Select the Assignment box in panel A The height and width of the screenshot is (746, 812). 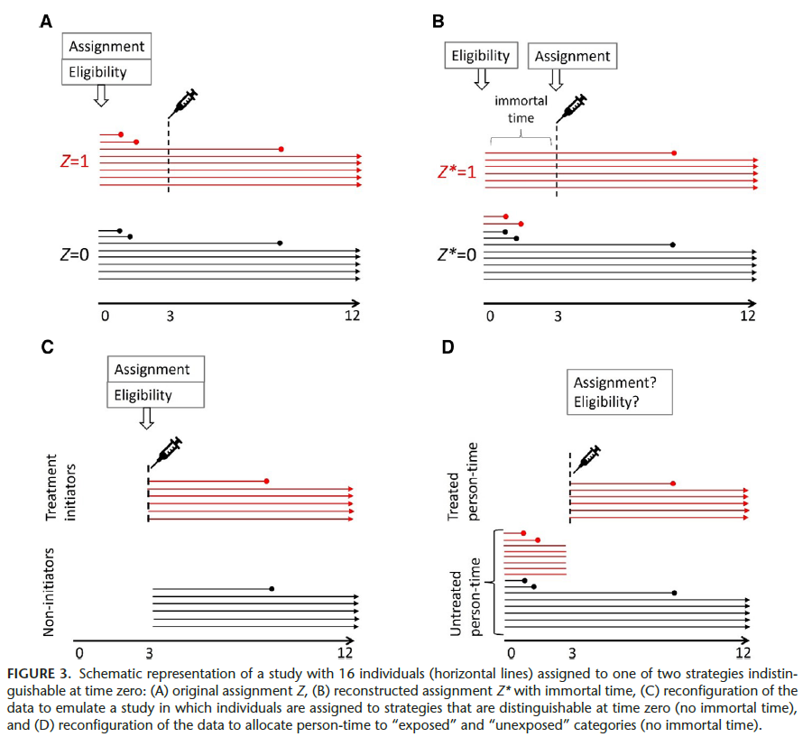tap(107, 46)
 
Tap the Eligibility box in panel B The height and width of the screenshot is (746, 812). tap(483, 56)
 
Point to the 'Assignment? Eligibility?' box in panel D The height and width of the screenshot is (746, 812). tap(618, 391)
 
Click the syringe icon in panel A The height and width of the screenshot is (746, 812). tap(183, 103)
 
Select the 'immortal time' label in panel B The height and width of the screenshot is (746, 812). tap(521, 109)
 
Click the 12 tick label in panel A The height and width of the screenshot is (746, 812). tap(351, 315)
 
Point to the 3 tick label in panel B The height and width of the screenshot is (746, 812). tap(557, 316)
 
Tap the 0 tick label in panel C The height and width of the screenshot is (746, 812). tap(79, 652)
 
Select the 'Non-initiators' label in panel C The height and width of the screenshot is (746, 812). tap(54, 591)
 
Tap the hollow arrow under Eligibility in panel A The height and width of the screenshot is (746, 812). tap(101, 95)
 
